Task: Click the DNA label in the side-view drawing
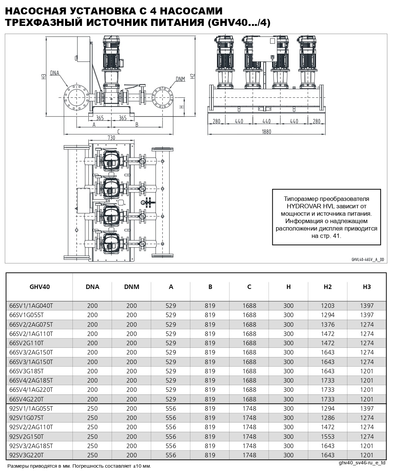pyautogui.click(x=54, y=73)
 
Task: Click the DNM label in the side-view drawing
pyautogui.click(x=180, y=79)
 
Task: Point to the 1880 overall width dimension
pyautogui.click(x=266, y=132)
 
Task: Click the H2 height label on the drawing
pyautogui.click(x=192, y=76)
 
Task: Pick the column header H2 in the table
pyautogui.click(x=327, y=287)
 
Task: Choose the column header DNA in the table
pyautogui.click(x=92, y=287)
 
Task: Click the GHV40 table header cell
pyautogui.click(x=40, y=287)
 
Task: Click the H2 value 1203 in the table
pyautogui.click(x=327, y=306)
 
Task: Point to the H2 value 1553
pyautogui.click(x=327, y=436)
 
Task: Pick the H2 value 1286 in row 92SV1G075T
pyautogui.click(x=327, y=418)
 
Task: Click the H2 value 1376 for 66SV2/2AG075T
pyautogui.click(x=327, y=324)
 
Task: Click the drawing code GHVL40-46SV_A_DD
pyautogui.click(x=367, y=260)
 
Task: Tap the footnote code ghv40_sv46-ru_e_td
pyautogui.click(x=362, y=463)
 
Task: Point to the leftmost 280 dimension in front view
pyautogui.click(x=217, y=121)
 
